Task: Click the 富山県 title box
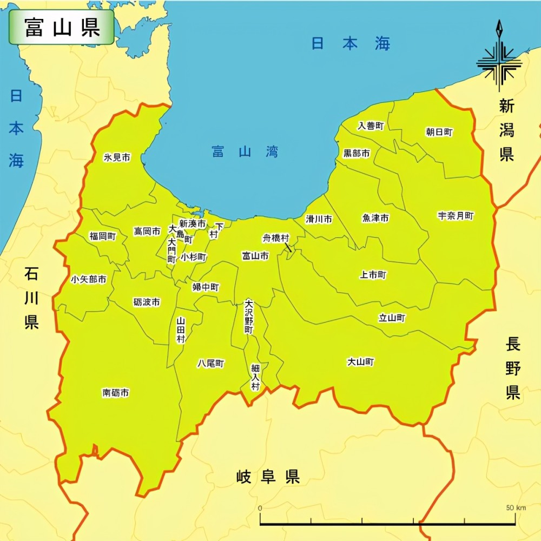coord(61,27)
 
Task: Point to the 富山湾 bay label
coord(245,151)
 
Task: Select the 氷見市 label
coord(117,158)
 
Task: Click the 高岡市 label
coord(147,231)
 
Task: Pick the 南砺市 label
coord(116,393)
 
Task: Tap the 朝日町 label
coord(439,132)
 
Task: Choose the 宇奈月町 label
coord(456,216)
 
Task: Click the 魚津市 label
coord(375,219)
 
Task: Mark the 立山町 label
coord(392,318)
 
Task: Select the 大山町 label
coord(360,362)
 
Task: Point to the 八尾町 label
coord(210,364)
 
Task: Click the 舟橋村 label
coord(276,238)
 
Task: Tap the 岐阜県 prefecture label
coord(268,477)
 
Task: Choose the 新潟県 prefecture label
coord(506,130)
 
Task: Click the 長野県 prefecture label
coord(513,368)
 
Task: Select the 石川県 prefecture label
coord(31,298)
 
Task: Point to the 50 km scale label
coord(517,508)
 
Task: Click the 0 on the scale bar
coord(260,509)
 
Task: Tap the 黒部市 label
coord(357,154)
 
